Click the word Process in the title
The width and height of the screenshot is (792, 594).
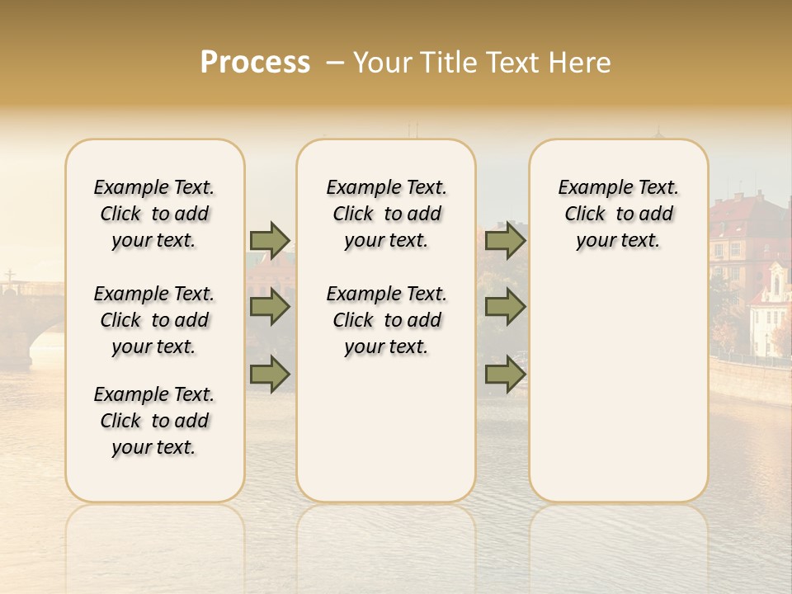click(255, 63)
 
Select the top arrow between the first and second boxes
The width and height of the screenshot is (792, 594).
click(270, 240)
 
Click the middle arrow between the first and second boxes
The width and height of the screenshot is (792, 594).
click(270, 307)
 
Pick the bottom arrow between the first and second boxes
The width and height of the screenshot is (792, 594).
click(270, 374)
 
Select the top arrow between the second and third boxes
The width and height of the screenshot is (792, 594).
click(505, 240)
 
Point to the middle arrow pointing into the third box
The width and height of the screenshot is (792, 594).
click(505, 307)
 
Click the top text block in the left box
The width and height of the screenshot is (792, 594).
click(154, 214)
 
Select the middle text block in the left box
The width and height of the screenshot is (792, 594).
click(154, 320)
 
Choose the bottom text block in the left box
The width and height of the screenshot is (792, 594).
click(154, 421)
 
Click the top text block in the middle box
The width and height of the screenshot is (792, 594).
click(387, 214)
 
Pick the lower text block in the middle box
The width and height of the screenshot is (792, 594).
click(387, 320)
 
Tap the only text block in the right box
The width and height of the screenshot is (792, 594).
click(619, 214)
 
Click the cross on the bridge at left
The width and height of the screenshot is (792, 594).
click(9, 277)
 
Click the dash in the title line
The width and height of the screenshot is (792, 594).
click(334, 63)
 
